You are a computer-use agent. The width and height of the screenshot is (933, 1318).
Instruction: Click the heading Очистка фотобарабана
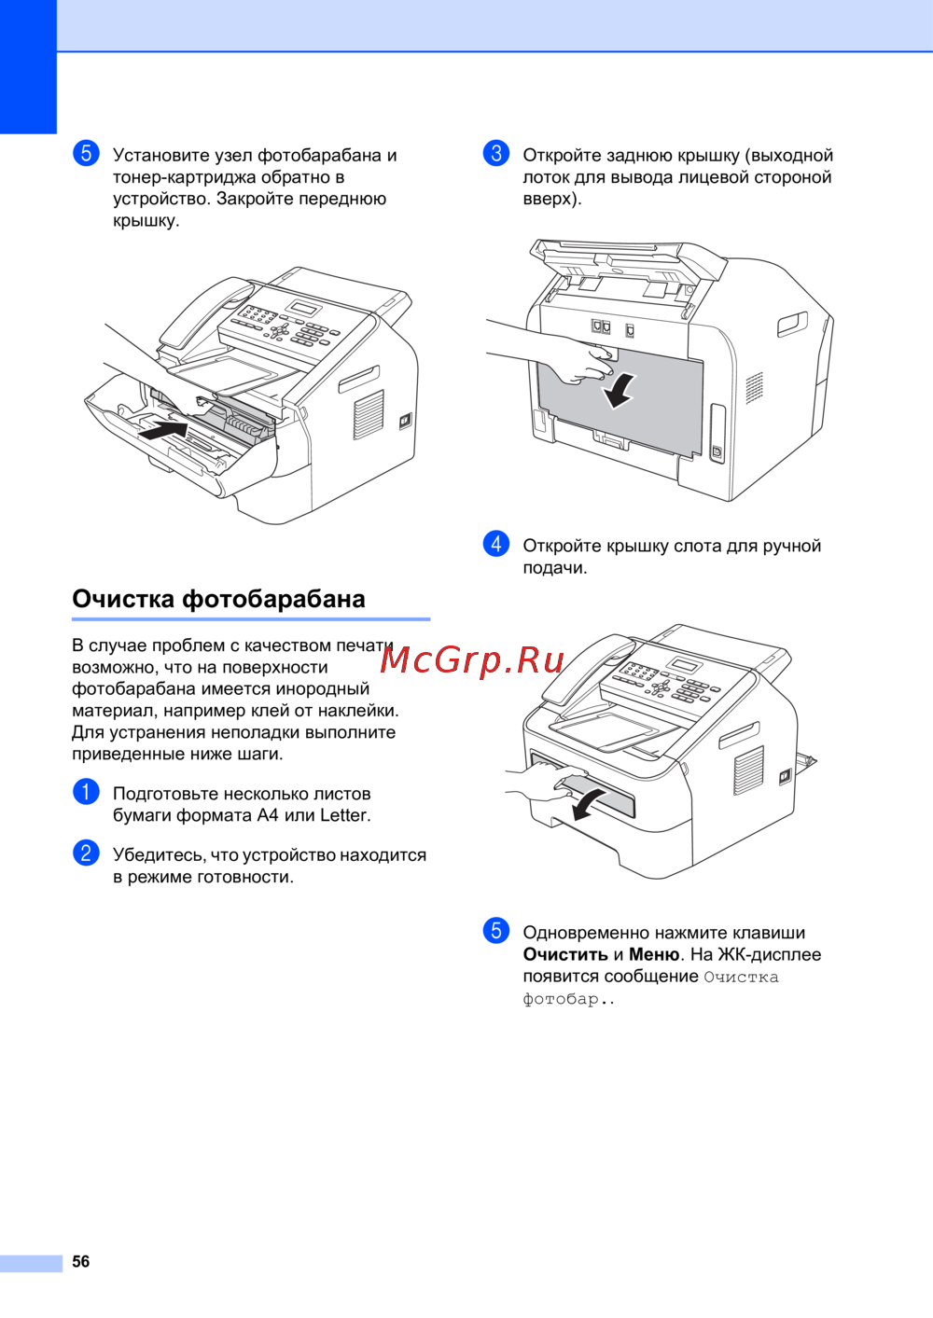click(218, 599)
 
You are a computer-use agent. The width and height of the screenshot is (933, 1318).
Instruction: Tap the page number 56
click(81, 1261)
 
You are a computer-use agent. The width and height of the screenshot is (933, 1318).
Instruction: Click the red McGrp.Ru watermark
click(473, 659)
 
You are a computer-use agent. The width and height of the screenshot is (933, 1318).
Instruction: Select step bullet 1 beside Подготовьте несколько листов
click(86, 792)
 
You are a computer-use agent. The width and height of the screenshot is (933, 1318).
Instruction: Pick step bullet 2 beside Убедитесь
click(86, 853)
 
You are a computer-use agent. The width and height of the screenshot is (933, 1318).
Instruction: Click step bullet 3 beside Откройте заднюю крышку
click(496, 153)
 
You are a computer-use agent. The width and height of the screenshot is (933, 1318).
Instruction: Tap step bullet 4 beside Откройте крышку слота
click(496, 544)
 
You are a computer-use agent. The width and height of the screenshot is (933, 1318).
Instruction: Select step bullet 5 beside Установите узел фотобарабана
click(86, 153)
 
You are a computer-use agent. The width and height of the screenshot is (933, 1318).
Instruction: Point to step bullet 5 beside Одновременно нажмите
click(496, 930)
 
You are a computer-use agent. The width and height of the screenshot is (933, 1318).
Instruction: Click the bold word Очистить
click(565, 954)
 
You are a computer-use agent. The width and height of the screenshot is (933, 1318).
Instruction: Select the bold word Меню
click(654, 954)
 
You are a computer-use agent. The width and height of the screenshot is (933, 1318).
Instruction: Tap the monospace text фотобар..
click(561, 999)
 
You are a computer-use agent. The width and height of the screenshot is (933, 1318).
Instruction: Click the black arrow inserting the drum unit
click(163, 431)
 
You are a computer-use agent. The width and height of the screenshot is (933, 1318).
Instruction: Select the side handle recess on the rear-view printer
click(792, 324)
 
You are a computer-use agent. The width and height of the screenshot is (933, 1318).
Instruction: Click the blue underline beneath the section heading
click(251, 618)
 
